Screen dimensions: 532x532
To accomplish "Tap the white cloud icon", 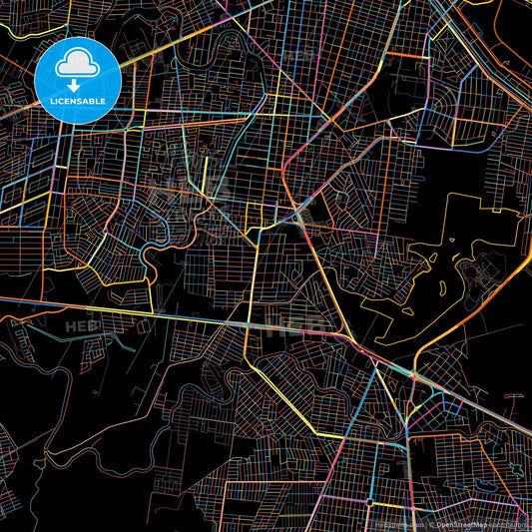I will click(77, 62).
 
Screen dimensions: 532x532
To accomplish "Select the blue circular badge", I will click(77, 80).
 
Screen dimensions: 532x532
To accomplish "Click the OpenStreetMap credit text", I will click(460, 523).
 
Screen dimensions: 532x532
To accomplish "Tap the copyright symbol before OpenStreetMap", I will click(432, 523).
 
